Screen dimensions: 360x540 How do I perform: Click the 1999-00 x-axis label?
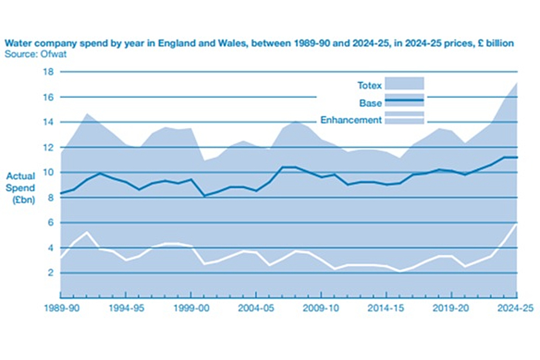click(x=191, y=308)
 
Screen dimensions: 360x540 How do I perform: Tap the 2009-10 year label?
click(x=321, y=308)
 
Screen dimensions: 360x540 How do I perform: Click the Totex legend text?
click(x=370, y=85)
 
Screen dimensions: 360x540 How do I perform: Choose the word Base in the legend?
click(x=371, y=103)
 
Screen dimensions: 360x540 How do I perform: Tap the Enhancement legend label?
click(x=351, y=120)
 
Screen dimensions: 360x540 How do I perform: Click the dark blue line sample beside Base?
click(x=404, y=100)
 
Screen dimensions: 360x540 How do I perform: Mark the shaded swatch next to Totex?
click(x=404, y=83)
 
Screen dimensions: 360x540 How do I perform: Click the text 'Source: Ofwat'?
click(x=30, y=54)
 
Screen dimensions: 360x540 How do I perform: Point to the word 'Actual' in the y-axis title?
click(x=21, y=175)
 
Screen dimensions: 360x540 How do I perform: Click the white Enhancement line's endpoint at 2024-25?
click(x=516, y=224)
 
